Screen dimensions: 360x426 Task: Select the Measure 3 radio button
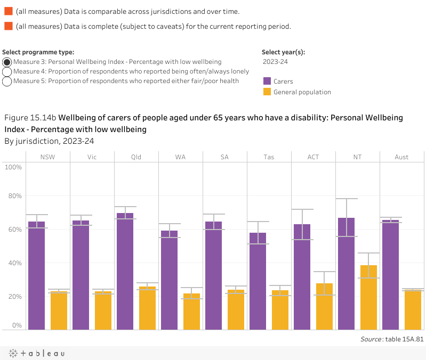(7, 62)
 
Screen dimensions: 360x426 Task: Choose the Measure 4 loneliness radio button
(7, 71)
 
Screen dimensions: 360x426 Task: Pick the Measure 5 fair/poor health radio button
(7, 81)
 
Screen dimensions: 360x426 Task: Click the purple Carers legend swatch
(267, 81)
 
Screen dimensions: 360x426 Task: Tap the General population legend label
(302, 92)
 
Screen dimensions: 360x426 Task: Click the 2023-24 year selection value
(276, 62)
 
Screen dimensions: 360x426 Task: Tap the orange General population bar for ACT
(324, 306)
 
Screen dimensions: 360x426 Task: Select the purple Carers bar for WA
(170, 280)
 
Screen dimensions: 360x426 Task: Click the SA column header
(224, 157)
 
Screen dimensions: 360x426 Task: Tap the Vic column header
(92, 157)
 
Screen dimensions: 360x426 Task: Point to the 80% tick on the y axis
(13, 196)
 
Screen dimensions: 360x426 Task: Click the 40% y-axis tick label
(13, 263)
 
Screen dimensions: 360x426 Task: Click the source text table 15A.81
(392, 339)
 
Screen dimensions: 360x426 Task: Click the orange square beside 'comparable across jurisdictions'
(8, 11)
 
